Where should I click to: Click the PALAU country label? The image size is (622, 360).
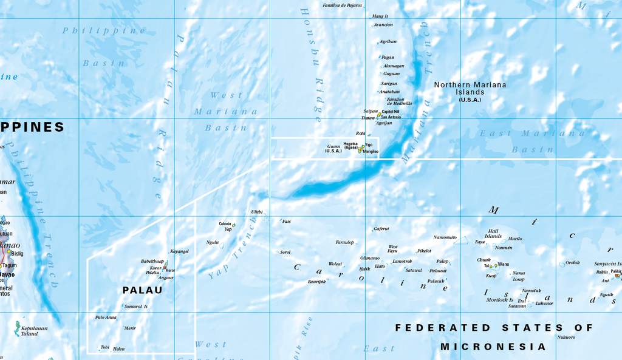[143, 290]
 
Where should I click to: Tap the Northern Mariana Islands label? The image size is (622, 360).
[470, 89]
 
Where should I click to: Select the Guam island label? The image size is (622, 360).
[333, 146]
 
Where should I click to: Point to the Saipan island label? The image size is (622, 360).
[371, 111]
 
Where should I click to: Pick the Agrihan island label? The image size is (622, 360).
[388, 41]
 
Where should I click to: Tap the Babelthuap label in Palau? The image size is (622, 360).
[152, 261]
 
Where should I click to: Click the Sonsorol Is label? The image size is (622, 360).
[136, 307]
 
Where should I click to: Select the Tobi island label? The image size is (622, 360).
[105, 347]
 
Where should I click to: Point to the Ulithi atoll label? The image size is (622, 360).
[257, 212]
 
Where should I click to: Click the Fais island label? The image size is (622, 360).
[287, 222]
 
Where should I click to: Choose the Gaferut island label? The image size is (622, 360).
[381, 229]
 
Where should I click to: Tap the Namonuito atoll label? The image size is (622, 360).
[445, 237]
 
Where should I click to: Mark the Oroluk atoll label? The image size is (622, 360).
[573, 263]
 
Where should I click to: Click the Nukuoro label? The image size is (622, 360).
[566, 336]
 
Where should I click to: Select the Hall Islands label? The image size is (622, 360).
[493, 234]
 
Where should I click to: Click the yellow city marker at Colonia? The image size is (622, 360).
[233, 225]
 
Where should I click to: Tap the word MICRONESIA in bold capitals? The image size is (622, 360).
[493, 347]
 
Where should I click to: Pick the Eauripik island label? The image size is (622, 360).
[316, 282]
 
